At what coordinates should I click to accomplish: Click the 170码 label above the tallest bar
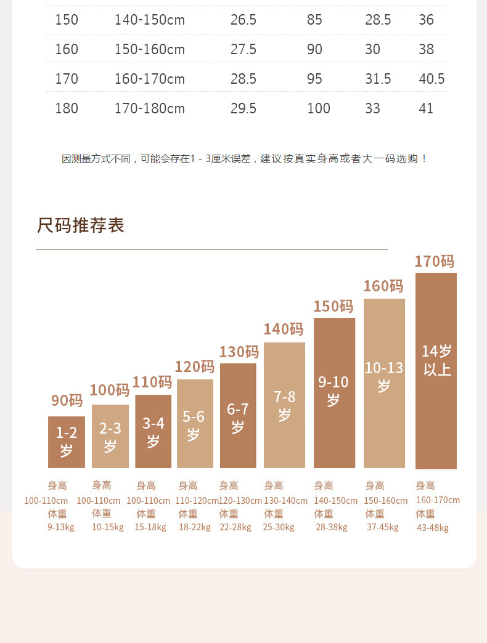point(434,262)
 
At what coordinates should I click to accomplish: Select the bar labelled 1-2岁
point(67,442)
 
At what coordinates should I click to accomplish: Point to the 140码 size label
point(284,330)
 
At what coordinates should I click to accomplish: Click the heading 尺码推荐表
point(81,225)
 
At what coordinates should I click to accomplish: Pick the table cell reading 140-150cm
point(149,20)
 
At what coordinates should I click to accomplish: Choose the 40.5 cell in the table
point(432,79)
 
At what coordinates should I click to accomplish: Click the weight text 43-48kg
point(432,528)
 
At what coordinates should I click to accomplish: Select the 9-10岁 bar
point(334,392)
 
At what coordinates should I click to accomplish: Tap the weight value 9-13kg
point(60,527)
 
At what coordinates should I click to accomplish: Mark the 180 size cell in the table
point(67,109)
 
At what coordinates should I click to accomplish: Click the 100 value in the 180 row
point(319,109)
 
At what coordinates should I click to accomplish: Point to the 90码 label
point(67,401)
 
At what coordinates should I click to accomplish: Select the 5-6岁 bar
point(195,424)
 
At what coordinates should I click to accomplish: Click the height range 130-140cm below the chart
point(285,501)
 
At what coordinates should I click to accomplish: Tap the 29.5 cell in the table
point(243,109)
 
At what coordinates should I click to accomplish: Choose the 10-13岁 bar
point(384,383)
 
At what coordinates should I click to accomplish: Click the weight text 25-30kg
point(279,527)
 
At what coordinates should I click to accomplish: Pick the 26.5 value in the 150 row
point(243,20)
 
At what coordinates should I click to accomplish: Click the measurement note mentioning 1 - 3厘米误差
point(244,159)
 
